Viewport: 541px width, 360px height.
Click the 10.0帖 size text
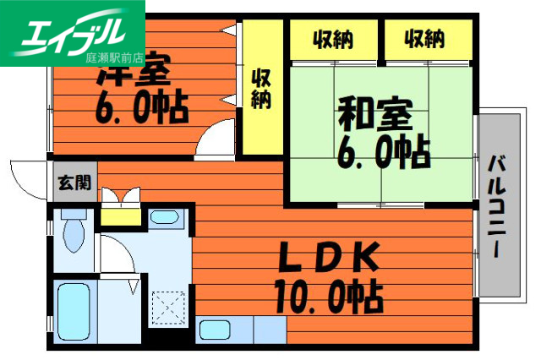coord(328,296)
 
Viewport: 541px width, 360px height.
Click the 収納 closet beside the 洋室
coord(260,88)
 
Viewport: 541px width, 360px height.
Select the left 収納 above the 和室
coord(333,38)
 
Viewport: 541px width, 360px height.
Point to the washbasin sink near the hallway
coord(163,217)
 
